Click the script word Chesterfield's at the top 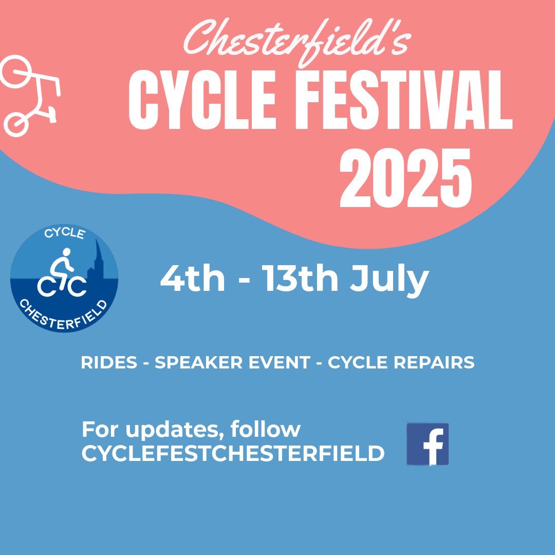297,43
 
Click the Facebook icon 428,444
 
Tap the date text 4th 192,279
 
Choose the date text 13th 301,279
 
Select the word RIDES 109,363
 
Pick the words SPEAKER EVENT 232,363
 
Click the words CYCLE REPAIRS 401,363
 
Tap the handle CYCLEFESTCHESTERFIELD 233,453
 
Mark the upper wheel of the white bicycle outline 17,72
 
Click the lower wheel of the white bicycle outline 17,124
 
